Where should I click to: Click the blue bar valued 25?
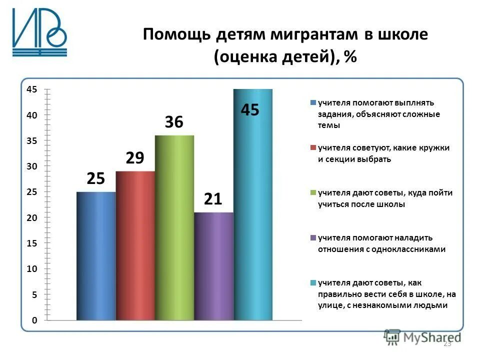[x=96, y=255]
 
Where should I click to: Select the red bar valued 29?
[x=135, y=245]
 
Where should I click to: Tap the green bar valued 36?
[x=174, y=227]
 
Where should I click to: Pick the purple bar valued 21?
[x=213, y=265]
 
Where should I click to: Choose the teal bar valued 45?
[x=253, y=204]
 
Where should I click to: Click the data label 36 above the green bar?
[x=174, y=122]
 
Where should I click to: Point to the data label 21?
[x=213, y=199]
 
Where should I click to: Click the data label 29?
[x=135, y=158]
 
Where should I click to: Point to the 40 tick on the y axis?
[x=32, y=115]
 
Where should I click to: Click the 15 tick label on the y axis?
[x=32, y=243]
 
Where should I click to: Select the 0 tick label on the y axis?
[x=34, y=320]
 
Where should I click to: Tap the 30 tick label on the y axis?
[x=32, y=166]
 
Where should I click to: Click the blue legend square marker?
[x=313, y=103]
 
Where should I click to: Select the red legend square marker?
[x=313, y=148]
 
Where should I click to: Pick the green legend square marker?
[x=313, y=192]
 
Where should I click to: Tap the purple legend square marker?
[x=313, y=237]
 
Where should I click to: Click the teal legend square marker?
[x=313, y=282]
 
